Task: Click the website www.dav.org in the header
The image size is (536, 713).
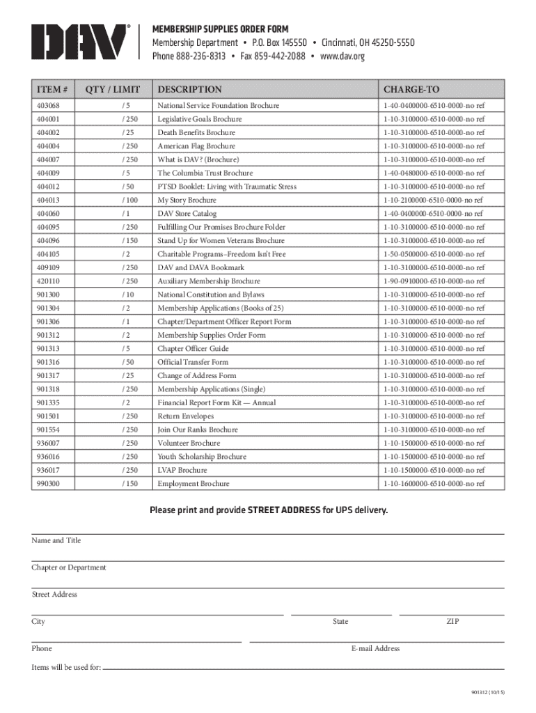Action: pos(342,56)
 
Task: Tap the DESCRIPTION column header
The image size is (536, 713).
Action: pos(189,89)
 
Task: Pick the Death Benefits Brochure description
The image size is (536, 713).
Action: pos(196,132)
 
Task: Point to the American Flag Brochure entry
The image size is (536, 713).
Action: pos(196,146)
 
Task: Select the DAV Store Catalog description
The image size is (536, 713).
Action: pos(187,214)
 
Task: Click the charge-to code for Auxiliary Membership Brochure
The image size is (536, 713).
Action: pos(432,281)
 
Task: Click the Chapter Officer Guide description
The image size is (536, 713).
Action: pos(193,349)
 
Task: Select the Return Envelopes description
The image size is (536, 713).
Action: pos(185,416)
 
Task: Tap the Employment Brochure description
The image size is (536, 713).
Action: pos(193,484)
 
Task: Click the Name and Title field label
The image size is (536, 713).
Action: pos(56,540)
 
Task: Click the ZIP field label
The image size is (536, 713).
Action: pos(452,621)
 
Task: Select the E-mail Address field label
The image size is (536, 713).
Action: pos(375,648)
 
